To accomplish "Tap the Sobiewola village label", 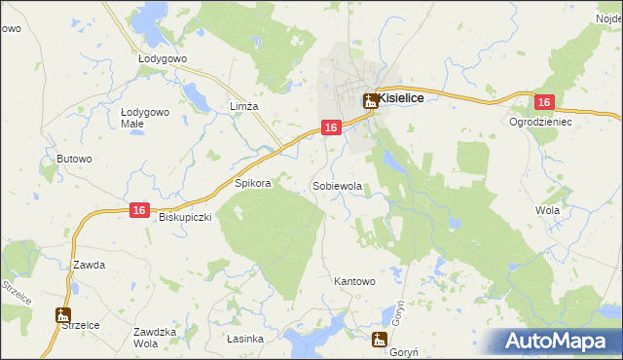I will click(337, 185).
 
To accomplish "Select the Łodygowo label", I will click(162, 58).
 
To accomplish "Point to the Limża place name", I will click(242, 106).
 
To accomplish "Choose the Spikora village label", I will click(252, 183).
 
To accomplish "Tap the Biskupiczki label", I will click(185, 218).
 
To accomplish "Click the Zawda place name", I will click(89, 265).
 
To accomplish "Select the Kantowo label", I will click(354, 281).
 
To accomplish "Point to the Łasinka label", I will click(245, 339).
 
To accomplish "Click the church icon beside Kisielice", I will click(370, 99).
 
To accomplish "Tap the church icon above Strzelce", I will click(63, 315).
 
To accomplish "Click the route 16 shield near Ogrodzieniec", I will click(544, 102).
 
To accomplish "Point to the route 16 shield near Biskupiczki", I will click(140, 210).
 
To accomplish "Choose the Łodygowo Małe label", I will click(145, 118).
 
